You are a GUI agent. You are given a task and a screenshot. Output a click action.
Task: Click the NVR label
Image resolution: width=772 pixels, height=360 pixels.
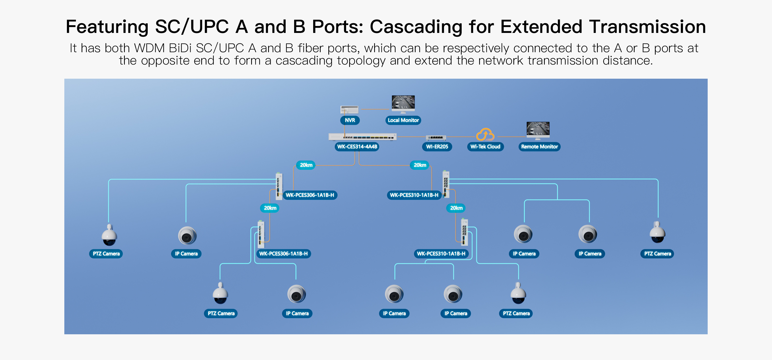(x=350, y=120)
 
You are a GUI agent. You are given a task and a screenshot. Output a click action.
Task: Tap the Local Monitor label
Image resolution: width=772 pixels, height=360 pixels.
(x=403, y=120)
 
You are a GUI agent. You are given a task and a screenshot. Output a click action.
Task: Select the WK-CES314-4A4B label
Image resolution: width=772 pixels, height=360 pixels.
(x=357, y=147)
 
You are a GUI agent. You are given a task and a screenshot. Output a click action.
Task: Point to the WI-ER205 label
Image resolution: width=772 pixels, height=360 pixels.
(x=437, y=147)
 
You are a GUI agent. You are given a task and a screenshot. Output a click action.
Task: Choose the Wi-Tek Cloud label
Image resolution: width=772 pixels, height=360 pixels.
(x=485, y=147)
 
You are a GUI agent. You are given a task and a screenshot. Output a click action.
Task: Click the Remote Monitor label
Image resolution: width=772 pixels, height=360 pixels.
(x=539, y=147)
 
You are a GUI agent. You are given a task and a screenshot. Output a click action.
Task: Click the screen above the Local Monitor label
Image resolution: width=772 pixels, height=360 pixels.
(x=403, y=102)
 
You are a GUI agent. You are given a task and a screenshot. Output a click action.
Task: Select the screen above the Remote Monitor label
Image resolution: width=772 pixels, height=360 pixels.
(x=538, y=129)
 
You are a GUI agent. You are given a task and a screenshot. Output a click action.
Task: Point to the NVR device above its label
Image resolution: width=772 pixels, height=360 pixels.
(x=349, y=109)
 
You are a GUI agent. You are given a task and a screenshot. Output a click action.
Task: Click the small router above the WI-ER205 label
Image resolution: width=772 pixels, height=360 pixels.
(x=436, y=138)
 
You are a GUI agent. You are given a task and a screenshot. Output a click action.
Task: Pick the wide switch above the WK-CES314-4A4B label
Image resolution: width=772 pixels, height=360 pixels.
(x=362, y=137)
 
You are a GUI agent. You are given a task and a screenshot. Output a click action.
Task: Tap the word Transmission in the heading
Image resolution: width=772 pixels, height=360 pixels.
(x=647, y=27)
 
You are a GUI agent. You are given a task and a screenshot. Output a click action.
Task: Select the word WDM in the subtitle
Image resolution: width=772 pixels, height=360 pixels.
(x=149, y=48)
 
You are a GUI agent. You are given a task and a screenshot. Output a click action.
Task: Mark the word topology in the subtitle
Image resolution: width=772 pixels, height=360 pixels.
(x=361, y=61)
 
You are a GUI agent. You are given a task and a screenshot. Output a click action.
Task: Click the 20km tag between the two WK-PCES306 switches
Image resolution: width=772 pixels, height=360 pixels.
(x=270, y=208)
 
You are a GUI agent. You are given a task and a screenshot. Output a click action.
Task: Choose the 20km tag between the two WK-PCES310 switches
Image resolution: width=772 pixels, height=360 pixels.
(x=456, y=208)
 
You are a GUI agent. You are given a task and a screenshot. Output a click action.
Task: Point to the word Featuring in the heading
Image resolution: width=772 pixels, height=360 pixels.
(x=107, y=27)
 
